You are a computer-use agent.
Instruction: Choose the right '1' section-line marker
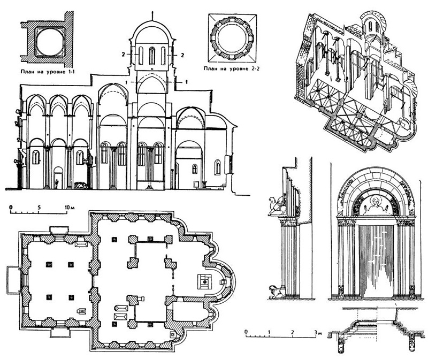[x=185, y=81]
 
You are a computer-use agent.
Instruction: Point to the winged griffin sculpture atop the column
[x=277, y=206]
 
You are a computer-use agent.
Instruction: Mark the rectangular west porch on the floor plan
[x=12, y=279]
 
